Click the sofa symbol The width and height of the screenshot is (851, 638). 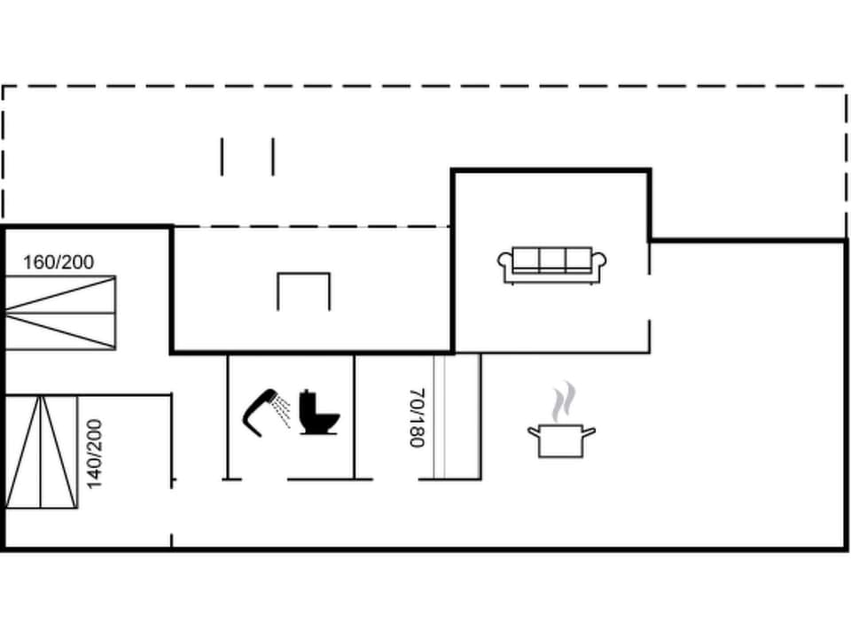pos(551,264)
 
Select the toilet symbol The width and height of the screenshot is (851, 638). pos(318,413)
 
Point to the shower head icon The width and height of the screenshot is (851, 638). pos(259,411)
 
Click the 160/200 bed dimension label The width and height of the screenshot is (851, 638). pos(59,262)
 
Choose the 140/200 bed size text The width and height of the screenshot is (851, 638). pos(95,453)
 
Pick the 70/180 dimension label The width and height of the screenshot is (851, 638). pos(418,417)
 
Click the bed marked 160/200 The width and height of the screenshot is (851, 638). pos(61,312)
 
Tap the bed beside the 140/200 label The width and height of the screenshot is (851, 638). pos(41,452)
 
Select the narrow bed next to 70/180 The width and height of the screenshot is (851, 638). pos(457,416)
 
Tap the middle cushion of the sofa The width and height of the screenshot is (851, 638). pos(552,260)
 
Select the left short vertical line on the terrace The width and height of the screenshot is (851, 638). pos(223,157)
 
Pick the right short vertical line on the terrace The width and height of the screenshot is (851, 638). pos(272,157)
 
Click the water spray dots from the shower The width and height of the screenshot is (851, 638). pos(281,410)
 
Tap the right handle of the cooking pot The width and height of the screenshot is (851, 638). pos(589,432)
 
